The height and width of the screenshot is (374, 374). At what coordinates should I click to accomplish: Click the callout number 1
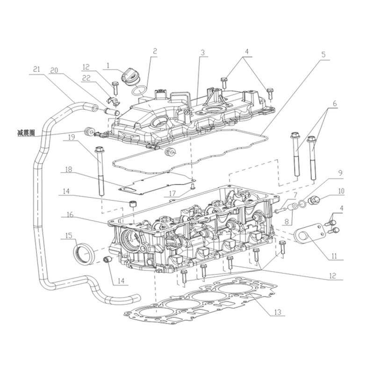point(108,65)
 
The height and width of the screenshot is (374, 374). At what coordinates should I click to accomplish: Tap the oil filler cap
point(130,77)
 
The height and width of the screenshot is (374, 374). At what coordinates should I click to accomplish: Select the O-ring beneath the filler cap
point(139,91)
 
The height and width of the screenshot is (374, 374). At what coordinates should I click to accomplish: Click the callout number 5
point(323,55)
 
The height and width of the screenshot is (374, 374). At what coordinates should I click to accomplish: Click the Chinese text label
point(26,133)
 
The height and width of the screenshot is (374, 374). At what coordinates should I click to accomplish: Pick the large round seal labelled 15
point(84,253)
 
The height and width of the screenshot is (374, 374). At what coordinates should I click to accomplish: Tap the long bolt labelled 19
point(100,172)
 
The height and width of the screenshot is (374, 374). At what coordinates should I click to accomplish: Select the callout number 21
point(37,69)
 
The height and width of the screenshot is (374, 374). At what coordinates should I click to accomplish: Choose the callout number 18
point(68,170)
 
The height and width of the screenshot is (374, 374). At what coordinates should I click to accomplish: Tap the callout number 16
point(70,215)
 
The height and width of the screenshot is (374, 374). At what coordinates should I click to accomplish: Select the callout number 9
point(340,173)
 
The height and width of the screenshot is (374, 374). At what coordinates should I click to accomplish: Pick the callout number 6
point(335,103)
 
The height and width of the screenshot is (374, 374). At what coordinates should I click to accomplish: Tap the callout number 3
point(202,52)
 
